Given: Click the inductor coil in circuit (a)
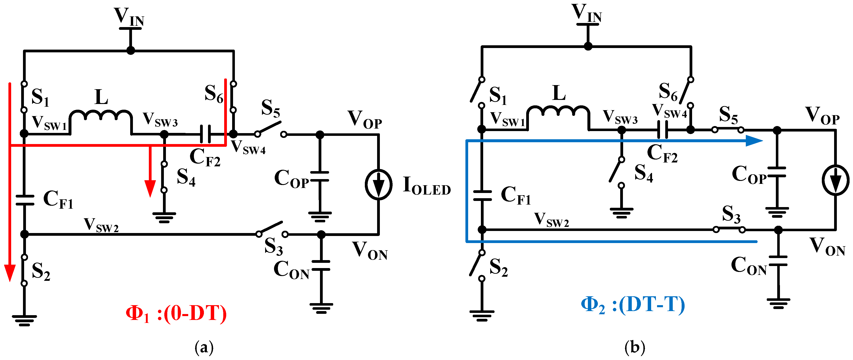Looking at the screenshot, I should pos(101,116).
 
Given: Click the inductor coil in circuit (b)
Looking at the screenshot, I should pos(559,112).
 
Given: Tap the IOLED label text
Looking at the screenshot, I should pos(426,186).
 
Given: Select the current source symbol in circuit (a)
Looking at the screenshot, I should pos(378,185).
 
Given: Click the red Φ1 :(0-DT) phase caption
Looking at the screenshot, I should pos(176,313).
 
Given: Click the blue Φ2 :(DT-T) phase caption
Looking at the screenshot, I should pos(633,305).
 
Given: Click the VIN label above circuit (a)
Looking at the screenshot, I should pos(129,17).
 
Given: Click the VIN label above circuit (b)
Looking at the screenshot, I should pos(586,13).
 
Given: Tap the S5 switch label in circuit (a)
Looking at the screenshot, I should pos(271,109).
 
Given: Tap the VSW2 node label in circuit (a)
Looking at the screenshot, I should pos(101,225).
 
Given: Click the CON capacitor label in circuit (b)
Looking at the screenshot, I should pos(749,266).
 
